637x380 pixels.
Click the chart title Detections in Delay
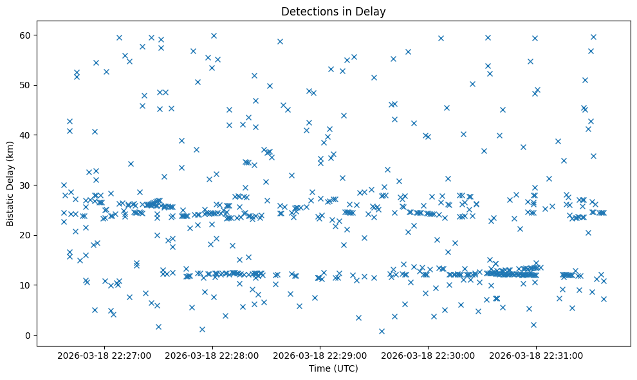point(333,11)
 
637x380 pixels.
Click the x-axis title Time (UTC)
point(333,368)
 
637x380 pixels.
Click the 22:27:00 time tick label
point(104,355)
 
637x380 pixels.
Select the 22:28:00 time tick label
point(212,355)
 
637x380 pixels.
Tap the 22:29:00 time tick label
point(320,355)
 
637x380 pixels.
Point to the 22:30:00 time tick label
point(427,355)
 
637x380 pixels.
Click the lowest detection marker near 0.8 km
point(382,331)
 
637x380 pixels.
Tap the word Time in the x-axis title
point(320,368)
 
